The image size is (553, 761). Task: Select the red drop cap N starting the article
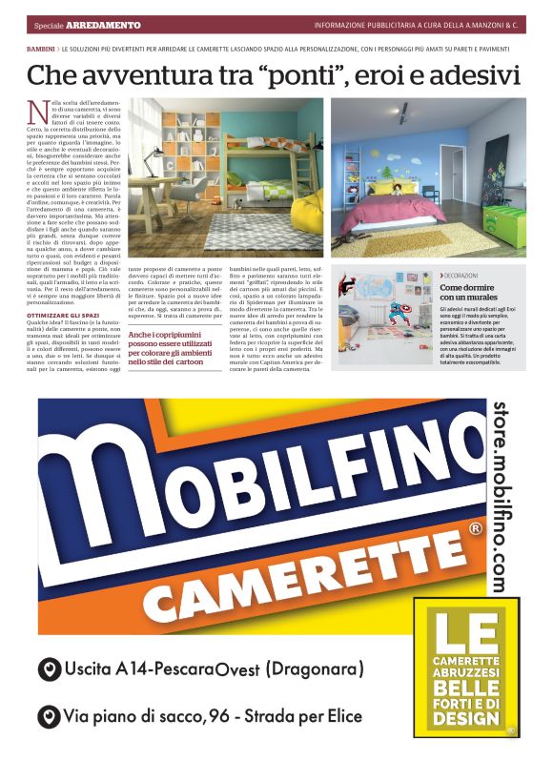click(37, 112)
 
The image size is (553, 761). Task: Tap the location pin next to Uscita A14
click(45, 670)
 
